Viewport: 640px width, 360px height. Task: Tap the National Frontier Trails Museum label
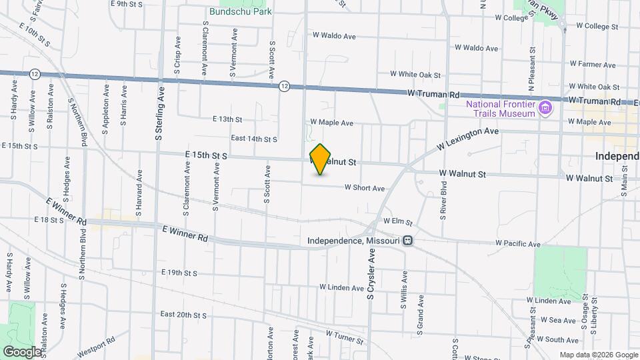click(x=501, y=109)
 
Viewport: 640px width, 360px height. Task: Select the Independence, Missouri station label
click(x=353, y=241)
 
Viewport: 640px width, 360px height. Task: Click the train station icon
click(x=407, y=241)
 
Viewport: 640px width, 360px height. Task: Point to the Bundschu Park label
click(x=241, y=11)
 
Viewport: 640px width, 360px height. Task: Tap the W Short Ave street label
click(x=365, y=189)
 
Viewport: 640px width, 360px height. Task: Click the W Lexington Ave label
click(x=468, y=139)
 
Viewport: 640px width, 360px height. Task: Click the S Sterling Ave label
click(x=159, y=110)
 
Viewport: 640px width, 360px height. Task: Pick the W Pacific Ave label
click(x=518, y=245)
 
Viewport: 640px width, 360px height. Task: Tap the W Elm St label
click(x=398, y=221)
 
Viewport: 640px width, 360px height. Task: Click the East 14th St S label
click(x=253, y=139)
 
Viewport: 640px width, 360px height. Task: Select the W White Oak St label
click(x=416, y=74)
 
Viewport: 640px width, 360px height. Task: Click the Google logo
click(x=22, y=351)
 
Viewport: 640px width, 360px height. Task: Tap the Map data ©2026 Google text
click(x=597, y=355)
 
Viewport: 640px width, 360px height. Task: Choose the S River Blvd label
click(x=443, y=201)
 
